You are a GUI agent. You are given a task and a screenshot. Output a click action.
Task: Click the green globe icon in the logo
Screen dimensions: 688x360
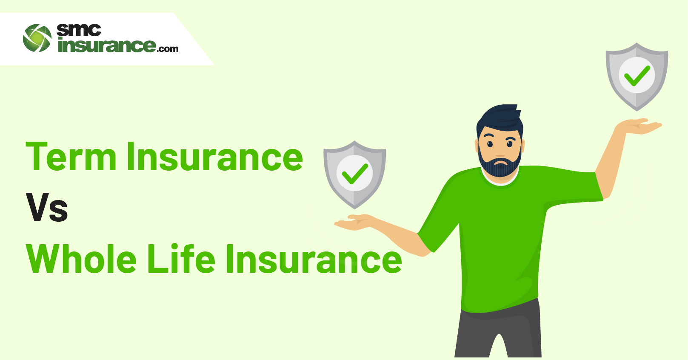click(37, 38)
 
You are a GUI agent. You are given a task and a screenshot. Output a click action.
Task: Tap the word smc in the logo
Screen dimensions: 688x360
click(79, 30)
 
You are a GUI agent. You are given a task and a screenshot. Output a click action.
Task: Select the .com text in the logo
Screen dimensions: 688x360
click(167, 49)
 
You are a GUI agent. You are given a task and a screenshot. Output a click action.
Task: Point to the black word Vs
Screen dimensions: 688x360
click(47, 207)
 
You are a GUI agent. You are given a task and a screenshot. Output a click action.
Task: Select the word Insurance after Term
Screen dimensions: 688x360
click(215, 156)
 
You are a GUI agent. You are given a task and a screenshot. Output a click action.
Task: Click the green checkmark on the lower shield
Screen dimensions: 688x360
click(355, 174)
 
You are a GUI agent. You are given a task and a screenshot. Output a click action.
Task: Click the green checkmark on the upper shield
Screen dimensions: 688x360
click(637, 76)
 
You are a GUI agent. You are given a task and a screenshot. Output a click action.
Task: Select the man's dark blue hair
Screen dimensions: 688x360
click(500, 120)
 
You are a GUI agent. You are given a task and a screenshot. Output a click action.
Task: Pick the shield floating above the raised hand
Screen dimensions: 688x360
click(637, 77)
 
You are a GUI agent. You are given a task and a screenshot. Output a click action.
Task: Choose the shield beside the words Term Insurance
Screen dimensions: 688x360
click(355, 175)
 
